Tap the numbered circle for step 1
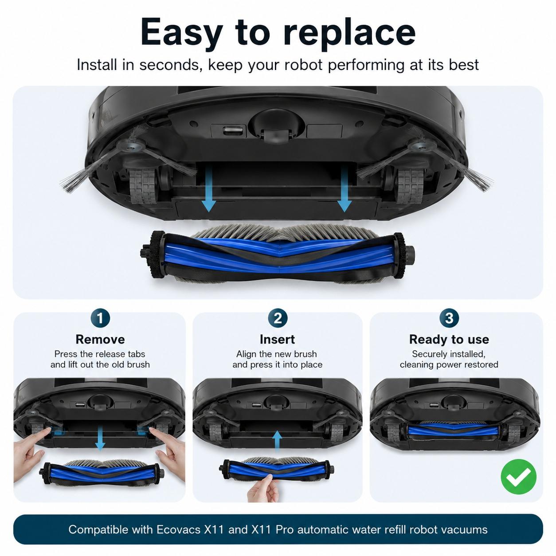click(100, 318)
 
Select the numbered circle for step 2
click(277, 318)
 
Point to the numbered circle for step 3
click(449, 318)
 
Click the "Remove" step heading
click(100, 339)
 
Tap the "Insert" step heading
click(277, 339)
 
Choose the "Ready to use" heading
click(449, 340)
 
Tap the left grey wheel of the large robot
click(143, 186)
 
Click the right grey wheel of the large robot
click(411, 186)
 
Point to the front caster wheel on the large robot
click(276, 136)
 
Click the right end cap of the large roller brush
click(403, 256)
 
